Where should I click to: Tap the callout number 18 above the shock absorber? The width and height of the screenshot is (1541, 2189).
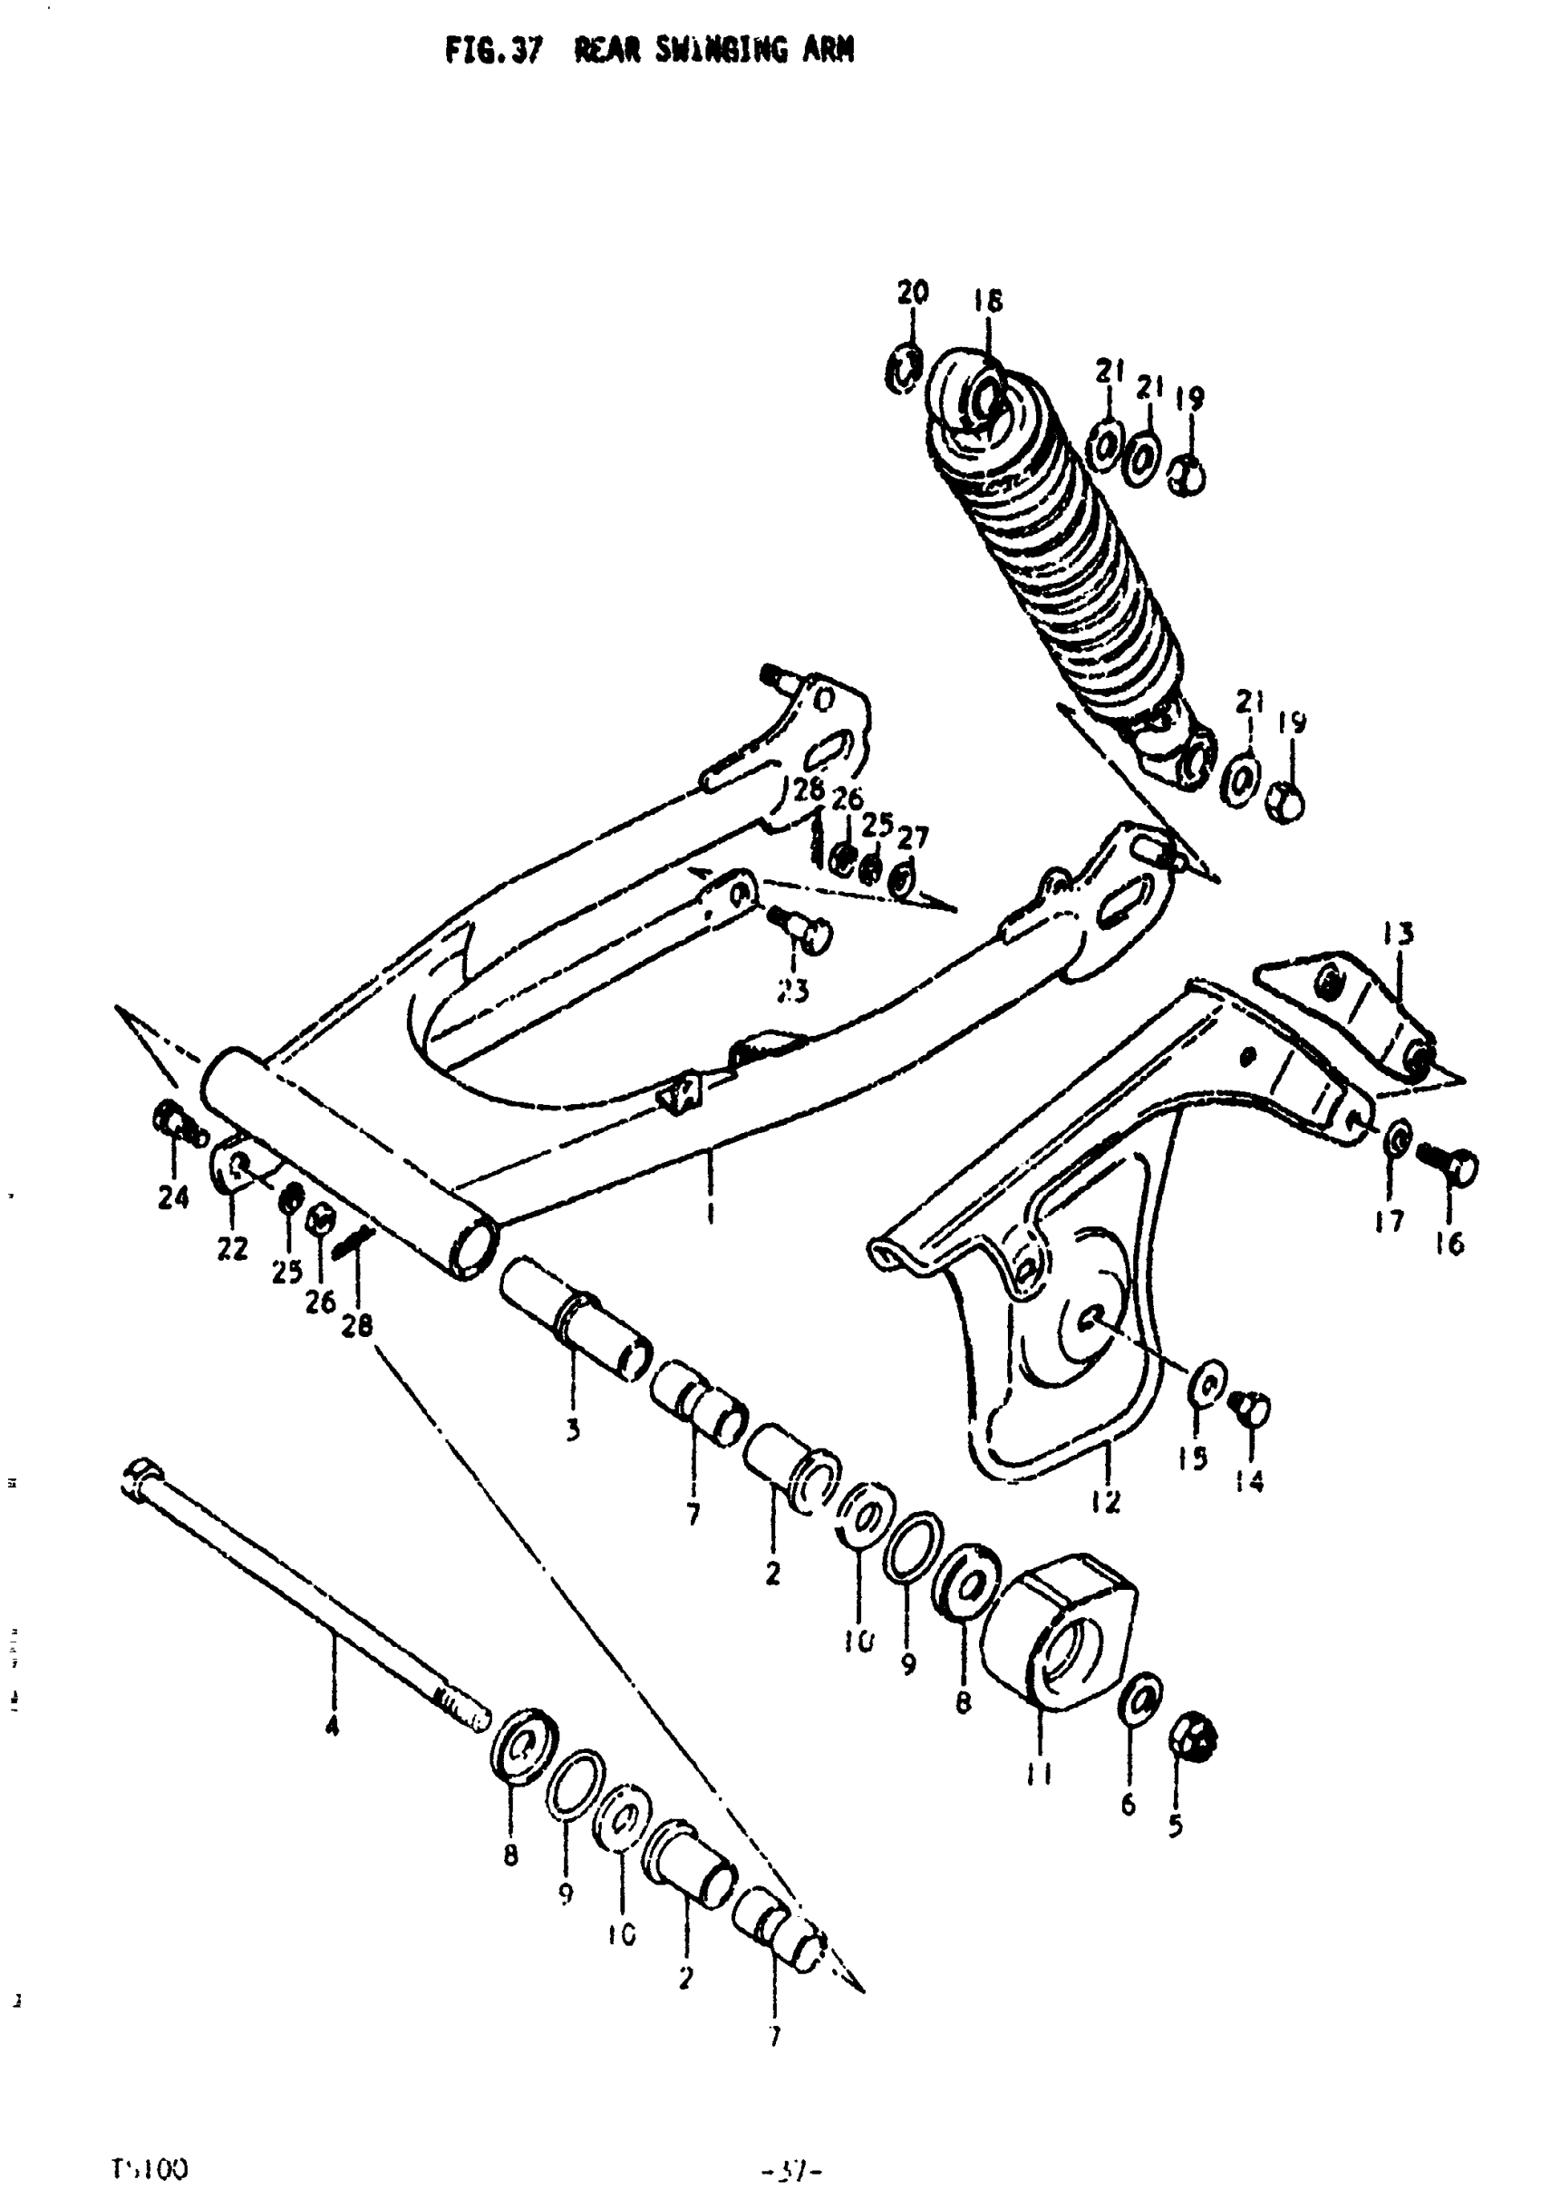(988, 302)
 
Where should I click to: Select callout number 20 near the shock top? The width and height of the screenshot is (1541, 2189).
(912, 292)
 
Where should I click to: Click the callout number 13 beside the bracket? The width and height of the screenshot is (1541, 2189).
(1399, 933)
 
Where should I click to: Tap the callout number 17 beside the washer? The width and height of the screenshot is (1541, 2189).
(1390, 1220)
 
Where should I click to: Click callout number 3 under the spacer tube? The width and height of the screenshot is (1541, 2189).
(572, 1430)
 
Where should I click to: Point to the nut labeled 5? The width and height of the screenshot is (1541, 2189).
(1192, 1744)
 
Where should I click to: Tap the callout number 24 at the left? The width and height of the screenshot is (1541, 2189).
(173, 1197)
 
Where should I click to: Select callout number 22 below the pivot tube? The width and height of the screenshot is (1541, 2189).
(232, 1249)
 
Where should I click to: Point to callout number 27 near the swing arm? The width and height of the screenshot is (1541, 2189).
(913, 838)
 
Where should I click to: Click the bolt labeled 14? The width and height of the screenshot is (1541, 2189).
(1251, 1406)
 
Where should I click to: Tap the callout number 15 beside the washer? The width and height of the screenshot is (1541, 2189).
(1193, 1458)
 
